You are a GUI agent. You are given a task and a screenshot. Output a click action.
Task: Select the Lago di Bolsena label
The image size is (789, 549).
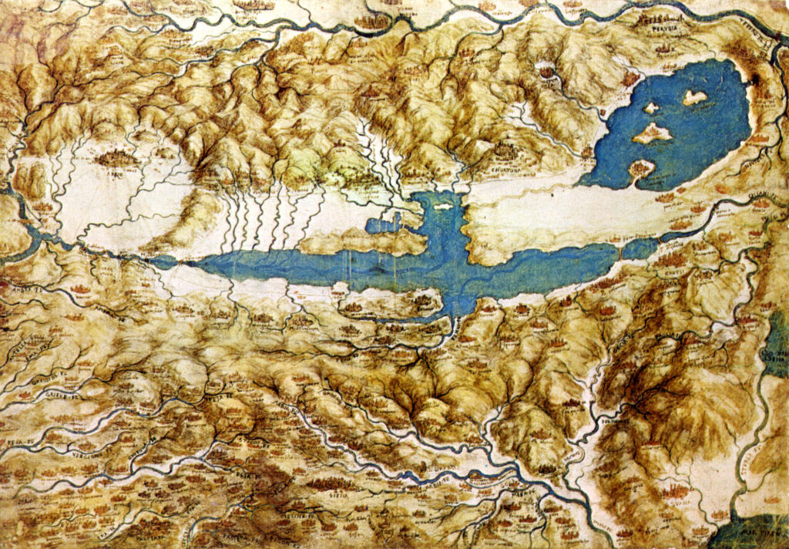[x=774, y=355]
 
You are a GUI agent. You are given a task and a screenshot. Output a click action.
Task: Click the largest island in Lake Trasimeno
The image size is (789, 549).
[x=652, y=133]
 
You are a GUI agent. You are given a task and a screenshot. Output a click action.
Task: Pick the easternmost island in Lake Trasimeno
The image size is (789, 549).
[x=695, y=97]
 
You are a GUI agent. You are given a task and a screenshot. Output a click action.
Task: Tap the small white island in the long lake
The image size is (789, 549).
[x=442, y=206]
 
